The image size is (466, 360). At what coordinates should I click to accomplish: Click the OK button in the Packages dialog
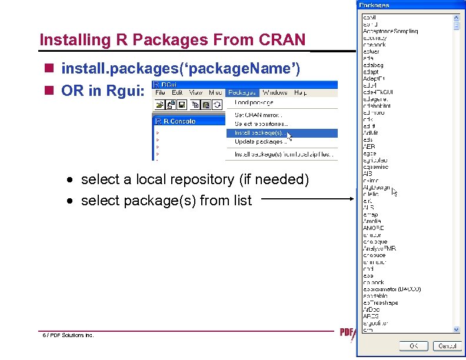[x=414, y=346]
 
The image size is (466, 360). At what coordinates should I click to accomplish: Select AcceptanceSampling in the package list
[x=390, y=31]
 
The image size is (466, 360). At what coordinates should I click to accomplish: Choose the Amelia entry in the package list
[x=372, y=221]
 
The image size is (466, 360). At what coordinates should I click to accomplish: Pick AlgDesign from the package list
[x=377, y=188]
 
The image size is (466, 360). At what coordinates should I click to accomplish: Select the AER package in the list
[x=369, y=146]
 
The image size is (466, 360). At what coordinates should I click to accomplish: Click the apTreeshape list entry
[x=380, y=303]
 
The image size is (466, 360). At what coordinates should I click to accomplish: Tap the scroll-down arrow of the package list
[x=456, y=329]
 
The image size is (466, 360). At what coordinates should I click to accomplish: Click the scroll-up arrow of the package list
[x=456, y=17]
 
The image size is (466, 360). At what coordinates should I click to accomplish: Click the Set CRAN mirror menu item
[x=259, y=115]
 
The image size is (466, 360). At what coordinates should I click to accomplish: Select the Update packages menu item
[x=261, y=142]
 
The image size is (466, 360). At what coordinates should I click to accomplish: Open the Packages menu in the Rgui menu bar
[x=242, y=92]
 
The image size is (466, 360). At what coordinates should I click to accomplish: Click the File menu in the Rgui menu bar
[x=160, y=92]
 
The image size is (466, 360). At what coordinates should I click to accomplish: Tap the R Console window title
[x=179, y=121]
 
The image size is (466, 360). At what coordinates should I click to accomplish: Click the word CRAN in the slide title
[x=282, y=40]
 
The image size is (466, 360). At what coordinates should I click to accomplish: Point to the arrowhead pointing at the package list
[x=352, y=199]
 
